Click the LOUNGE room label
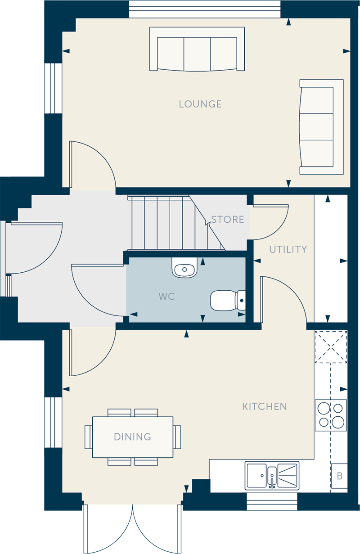pyautogui.click(x=200, y=104)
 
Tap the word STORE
pyautogui.click(x=227, y=219)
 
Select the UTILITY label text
pyautogui.click(x=288, y=249)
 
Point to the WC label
pyautogui.click(x=166, y=296)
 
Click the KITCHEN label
pyautogui.click(x=264, y=406)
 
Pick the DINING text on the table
pyautogui.click(x=132, y=437)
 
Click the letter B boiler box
pyautogui.click(x=339, y=476)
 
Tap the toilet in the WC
pyautogui.click(x=228, y=301)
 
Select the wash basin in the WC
pyautogui.click(x=184, y=267)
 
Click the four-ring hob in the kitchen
pyautogui.click(x=331, y=415)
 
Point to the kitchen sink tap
pyautogui.click(x=272, y=482)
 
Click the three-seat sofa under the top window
pyautogui.click(x=197, y=49)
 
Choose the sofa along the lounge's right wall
pyautogui.click(x=321, y=127)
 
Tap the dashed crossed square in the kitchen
pyautogui.click(x=331, y=347)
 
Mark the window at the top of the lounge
pyautogui.click(x=205, y=9)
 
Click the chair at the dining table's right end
pyautogui.click(x=177, y=437)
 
